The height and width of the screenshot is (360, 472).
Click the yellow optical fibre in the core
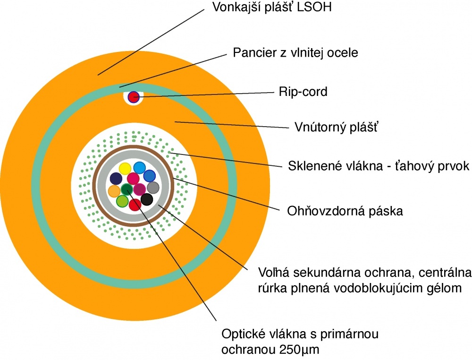click(125, 168)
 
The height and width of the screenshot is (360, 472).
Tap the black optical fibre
click(147, 199)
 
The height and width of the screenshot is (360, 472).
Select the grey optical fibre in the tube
click(152, 187)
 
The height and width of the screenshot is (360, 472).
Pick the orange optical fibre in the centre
click(114, 191)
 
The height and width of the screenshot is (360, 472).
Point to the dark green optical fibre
click(126, 190)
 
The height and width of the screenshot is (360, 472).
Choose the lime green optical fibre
click(122, 201)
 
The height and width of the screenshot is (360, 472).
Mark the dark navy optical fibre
click(116, 179)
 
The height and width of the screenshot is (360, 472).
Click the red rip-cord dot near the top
click(134, 97)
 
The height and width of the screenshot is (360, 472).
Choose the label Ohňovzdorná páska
click(345, 211)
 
